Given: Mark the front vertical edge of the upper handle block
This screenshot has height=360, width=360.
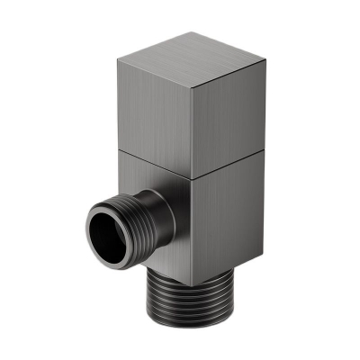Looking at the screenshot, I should tap(190, 126).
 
